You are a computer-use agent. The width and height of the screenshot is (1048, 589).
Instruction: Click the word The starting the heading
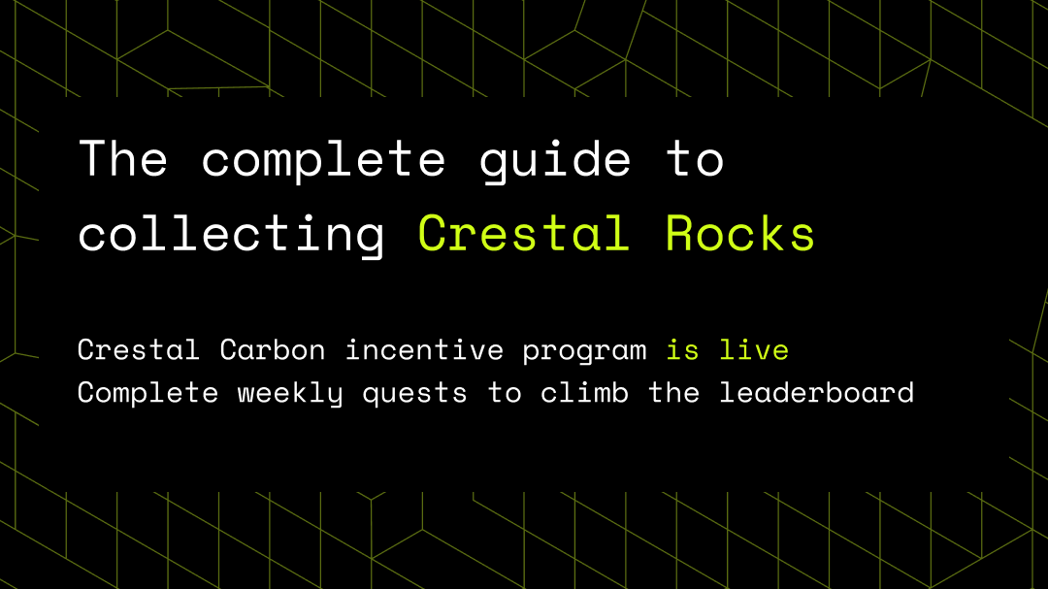(x=122, y=158)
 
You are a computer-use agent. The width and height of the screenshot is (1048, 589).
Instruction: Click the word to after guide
(x=695, y=159)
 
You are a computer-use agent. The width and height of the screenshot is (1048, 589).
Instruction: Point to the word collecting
(x=231, y=234)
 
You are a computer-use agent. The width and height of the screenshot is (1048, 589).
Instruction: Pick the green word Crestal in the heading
(x=524, y=233)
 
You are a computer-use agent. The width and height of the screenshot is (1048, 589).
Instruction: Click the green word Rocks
(x=739, y=233)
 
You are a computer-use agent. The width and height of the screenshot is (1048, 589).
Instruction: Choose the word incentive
(x=424, y=349)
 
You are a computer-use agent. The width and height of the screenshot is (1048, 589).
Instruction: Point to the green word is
(x=682, y=349)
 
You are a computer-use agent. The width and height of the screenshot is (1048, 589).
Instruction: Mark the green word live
(x=754, y=349)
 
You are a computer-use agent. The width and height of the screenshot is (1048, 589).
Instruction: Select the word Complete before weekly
(x=148, y=394)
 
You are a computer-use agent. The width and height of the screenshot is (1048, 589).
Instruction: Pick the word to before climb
(x=505, y=393)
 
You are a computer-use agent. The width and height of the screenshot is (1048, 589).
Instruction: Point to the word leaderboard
(x=816, y=392)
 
